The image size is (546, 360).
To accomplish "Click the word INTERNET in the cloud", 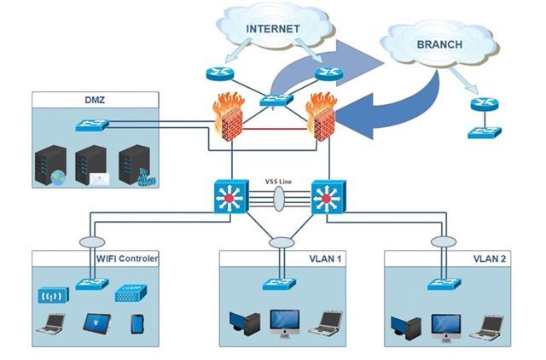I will (x=273, y=28).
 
